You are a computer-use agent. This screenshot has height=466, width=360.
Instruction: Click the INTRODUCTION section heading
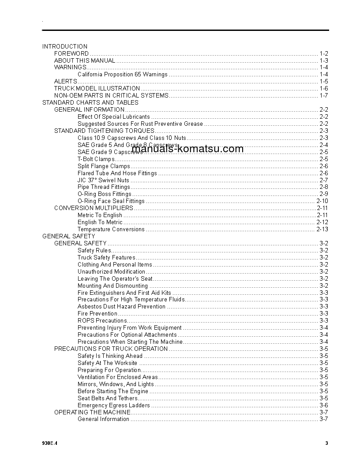coord(65,46)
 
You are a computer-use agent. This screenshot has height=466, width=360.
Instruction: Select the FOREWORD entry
coord(71,53)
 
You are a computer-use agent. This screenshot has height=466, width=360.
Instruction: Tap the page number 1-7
coord(323,96)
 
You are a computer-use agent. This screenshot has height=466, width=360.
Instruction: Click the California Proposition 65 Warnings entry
coord(122,75)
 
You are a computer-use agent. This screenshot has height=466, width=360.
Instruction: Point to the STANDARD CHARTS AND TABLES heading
coord(90,103)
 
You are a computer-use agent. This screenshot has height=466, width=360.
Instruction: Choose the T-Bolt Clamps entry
coord(96,159)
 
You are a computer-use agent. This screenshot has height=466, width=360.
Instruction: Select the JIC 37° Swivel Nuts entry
coord(103,180)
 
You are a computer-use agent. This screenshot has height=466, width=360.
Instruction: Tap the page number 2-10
coord(322,201)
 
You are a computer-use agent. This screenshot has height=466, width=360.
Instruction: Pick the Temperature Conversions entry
coord(111,229)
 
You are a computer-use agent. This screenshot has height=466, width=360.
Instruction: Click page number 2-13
coord(322,229)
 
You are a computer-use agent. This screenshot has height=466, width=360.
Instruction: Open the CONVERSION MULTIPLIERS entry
coord(94,208)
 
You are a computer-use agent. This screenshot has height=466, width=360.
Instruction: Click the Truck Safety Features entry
coord(106,258)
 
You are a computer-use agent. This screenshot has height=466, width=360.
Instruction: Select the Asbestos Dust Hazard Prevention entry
coord(121,307)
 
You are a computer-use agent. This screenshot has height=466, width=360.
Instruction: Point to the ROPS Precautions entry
coord(102,321)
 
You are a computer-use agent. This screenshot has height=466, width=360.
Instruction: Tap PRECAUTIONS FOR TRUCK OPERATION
coord(111,349)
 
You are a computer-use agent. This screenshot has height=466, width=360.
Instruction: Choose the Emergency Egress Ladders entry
coord(114,405)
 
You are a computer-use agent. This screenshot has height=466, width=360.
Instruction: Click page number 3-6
coord(323,405)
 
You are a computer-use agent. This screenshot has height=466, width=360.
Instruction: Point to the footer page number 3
coord(326,443)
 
